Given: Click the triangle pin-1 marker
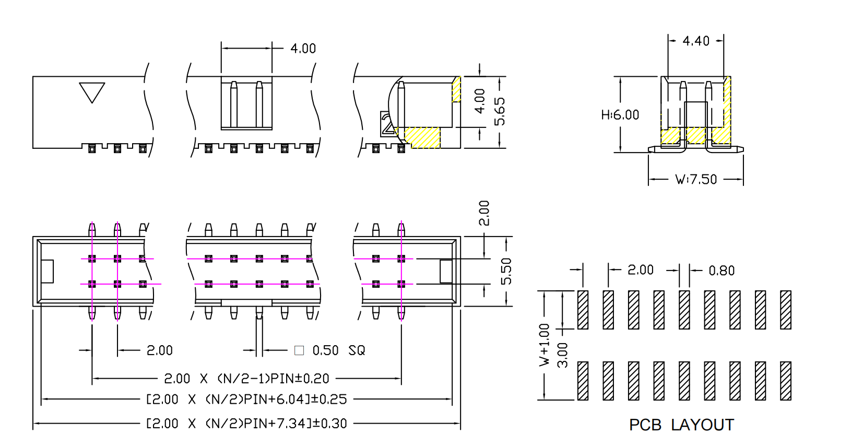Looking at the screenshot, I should tap(92, 91).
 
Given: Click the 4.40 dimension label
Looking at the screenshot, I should tap(696, 41).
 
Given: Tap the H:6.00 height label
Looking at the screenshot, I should tap(620, 115).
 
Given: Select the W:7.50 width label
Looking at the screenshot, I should tap(696, 180).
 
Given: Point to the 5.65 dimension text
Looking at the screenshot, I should tap(500, 111).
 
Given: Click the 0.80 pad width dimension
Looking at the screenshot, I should tap(722, 271).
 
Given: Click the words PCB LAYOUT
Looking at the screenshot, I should tap(681, 425).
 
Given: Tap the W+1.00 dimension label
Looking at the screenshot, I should tap(545, 344).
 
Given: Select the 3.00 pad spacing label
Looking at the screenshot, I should tap(562, 355).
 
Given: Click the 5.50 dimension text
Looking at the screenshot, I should tap(506, 272).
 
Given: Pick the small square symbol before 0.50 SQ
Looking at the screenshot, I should tap(299, 350).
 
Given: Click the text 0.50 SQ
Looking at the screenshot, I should tap(339, 350).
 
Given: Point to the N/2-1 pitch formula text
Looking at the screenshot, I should tap(246, 379).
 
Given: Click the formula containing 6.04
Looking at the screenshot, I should tap(246, 400).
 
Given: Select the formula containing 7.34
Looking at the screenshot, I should tap(246, 424).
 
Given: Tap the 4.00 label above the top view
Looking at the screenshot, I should tap(303, 49).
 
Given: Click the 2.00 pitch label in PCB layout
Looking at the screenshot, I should tap(640, 270).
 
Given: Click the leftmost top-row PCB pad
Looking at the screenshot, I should tap(583, 310).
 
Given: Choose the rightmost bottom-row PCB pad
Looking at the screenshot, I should tap(785, 381).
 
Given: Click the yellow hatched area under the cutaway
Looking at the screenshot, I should tap(422, 137).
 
